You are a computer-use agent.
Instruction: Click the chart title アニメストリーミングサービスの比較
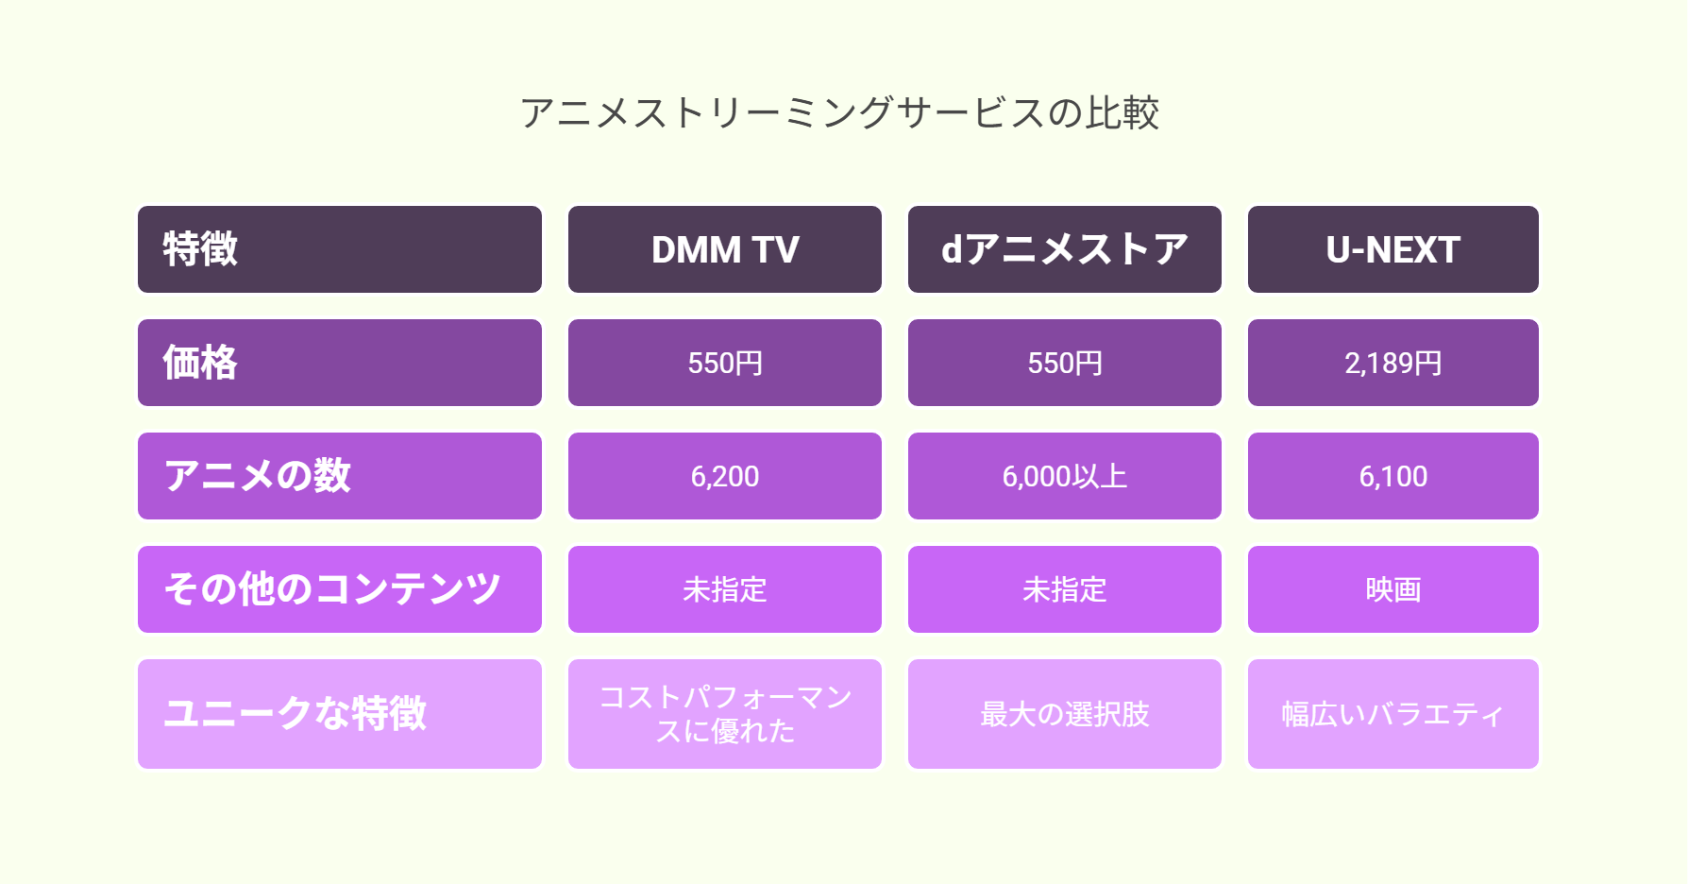(839, 113)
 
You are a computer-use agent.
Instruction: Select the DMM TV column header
(725, 249)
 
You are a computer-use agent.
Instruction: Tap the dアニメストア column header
(1065, 249)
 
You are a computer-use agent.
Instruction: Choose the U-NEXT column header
(1393, 249)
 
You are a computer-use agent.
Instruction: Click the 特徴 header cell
(340, 249)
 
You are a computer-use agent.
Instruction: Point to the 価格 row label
(340, 363)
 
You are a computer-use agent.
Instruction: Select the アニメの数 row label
(340, 476)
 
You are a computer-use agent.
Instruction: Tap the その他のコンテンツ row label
(340, 589)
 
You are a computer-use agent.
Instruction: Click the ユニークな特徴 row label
(340, 714)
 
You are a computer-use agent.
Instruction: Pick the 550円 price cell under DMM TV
(725, 363)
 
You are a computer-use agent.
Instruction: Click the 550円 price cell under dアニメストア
(1065, 363)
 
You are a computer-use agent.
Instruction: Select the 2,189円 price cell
(1393, 363)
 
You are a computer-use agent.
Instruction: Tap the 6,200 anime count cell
(725, 476)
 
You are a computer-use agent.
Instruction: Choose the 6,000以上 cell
(1065, 476)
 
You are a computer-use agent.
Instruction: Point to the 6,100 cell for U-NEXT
(1393, 476)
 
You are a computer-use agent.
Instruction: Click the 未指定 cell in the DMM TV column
(725, 589)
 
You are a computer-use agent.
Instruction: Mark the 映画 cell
(1393, 589)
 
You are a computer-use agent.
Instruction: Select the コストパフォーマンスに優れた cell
(725, 714)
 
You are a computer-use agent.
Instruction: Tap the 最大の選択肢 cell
(1065, 714)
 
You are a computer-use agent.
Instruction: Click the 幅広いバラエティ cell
(1393, 714)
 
